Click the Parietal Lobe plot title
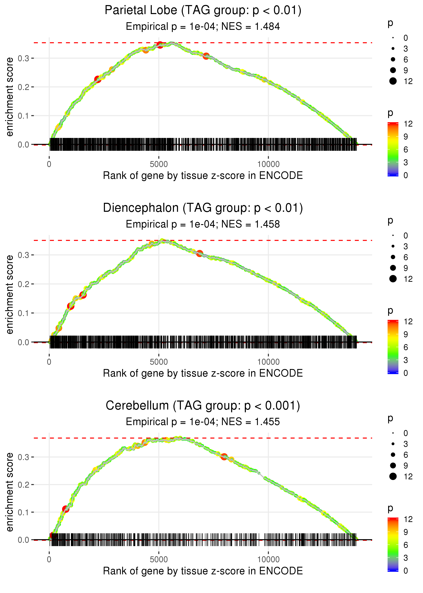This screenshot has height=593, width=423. [x=203, y=11]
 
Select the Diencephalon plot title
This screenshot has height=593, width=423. [x=203, y=208]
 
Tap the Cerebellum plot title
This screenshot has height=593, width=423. [x=203, y=406]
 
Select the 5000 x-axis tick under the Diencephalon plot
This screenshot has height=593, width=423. [x=159, y=362]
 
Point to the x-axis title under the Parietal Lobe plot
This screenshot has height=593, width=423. [x=203, y=176]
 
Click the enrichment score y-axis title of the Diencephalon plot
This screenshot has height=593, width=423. [x=10, y=294]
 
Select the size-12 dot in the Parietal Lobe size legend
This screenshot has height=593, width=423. [x=393, y=81]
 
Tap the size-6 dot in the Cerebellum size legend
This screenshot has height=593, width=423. [x=393, y=455]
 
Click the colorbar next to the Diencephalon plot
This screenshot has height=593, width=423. [x=393, y=347]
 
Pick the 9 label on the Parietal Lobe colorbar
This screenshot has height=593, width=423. [x=406, y=137]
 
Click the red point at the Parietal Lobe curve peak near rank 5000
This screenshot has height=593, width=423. [x=160, y=45]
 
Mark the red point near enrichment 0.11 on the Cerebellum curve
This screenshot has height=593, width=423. [x=65, y=509]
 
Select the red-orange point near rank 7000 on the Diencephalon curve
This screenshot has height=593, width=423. [x=199, y=253]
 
